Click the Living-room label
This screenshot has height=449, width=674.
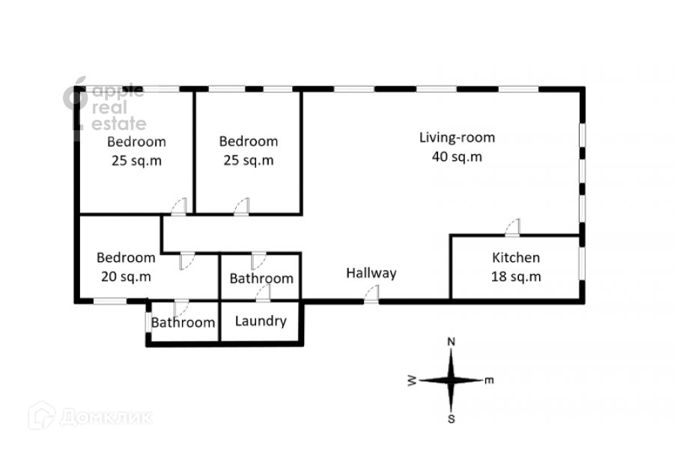(x=457, y=138)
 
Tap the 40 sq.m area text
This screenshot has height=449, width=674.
(x=457, y=157)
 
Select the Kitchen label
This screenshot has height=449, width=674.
(x=515, y=258)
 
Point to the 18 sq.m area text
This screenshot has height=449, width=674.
(x=515, y=277)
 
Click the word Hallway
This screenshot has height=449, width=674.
(x=371, y=274)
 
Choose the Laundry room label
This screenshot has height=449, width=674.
(x=261, y=322)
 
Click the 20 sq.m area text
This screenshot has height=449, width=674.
(x=126, y=276)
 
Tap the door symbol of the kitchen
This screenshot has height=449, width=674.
(x=514, y=227)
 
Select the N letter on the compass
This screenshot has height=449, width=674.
(x=452, y=342)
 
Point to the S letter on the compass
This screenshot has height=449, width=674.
(x=452, y=419)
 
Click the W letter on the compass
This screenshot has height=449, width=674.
(x=412, y=381)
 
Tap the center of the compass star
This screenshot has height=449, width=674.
(x=452, y=380)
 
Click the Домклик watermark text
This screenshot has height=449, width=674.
(x=105, y=416)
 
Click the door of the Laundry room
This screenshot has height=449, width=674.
(x=263, y=295)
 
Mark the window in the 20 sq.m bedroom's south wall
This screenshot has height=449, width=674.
(x=109, y=301)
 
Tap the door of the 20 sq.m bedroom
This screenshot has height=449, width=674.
(x=187, y=260)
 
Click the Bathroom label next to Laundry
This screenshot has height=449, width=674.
(x=183, y=323)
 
